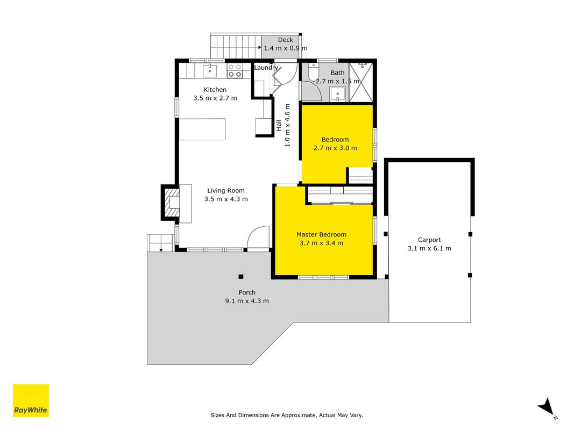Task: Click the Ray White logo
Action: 31,400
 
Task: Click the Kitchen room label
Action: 215,90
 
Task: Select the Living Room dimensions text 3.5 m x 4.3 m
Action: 226,199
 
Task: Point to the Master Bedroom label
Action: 321,235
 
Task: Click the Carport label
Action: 429,240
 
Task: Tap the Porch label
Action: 247,292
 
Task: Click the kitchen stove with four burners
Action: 235,70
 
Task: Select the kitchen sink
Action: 210,71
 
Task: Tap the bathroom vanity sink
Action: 337,95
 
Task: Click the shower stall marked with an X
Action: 361,83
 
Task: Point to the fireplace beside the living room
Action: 171,203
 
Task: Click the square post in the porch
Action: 241,277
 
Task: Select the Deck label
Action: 286,40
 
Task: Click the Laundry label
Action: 266,68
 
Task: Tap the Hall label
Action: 279,125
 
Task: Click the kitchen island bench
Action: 202,129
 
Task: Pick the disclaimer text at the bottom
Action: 287,415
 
